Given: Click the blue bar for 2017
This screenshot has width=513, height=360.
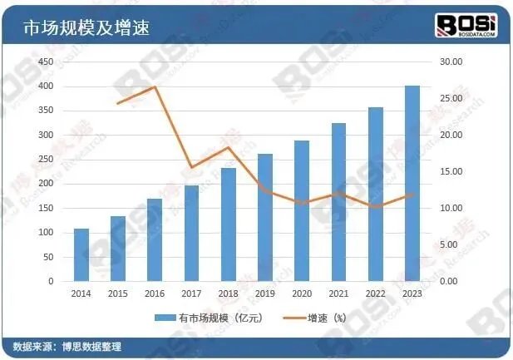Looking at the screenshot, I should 191,233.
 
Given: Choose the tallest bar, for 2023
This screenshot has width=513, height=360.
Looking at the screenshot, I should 412,183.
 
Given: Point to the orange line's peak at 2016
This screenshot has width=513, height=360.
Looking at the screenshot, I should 155,86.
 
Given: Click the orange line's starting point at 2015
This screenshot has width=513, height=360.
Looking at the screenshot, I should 118,103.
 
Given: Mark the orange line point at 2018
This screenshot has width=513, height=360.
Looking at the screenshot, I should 228,148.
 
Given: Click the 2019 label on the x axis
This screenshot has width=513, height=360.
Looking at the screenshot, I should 264,293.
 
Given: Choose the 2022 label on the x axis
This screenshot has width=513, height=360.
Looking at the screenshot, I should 375,293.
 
